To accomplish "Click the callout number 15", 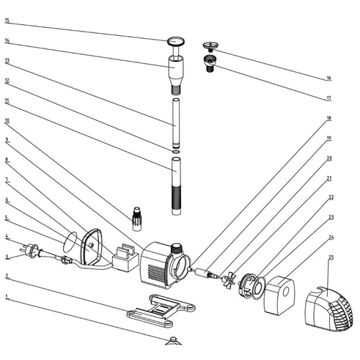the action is pyautogui.click(x=7, y=21).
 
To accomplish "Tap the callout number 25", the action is pyautogui.click(x=331, y=257).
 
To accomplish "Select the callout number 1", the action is pyautogui.click(x=7, y=296).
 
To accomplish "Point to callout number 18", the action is pyautogui.click(x=329, y=118).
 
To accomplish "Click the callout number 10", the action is pyautogui.click(x=7, y=120).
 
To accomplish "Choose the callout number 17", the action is pyautogui.click(x=329, y=98).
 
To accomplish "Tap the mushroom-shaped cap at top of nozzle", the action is pyautogui.click(x=176, y=42).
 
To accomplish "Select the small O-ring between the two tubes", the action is pyautogui.click(x=176, y=152).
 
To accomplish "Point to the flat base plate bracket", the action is pyautogui.click(x=161, y=310).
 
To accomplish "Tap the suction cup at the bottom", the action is pyautogui.click(x=173, y=341).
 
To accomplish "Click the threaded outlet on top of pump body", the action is pyautogui.click(x=177, y=249).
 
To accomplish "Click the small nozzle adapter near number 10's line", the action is pyautogui.click(x=137, y=218).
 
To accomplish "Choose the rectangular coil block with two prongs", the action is pyautogui.click(x=125, y=258).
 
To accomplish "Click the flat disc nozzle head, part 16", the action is pyautogui.click(x=210, y=45).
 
